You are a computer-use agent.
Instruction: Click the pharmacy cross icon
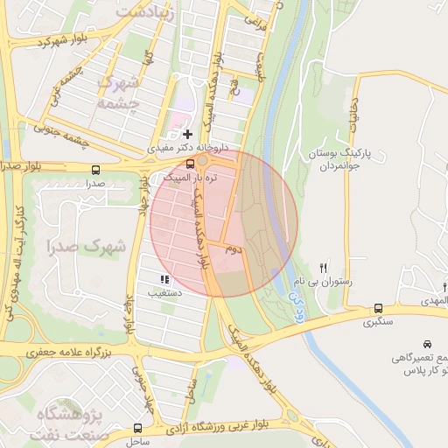pos(188,134)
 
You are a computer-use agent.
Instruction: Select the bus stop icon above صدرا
pos(94,170)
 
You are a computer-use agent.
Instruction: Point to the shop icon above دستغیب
pos(164,279)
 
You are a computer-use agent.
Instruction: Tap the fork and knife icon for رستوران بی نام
pos(325,268)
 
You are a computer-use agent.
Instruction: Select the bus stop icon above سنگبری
pos(378,308)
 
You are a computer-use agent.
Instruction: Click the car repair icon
pos(427,344)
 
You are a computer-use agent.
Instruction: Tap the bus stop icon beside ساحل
pos(137,428)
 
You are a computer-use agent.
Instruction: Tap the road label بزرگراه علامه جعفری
pos(66,351)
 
